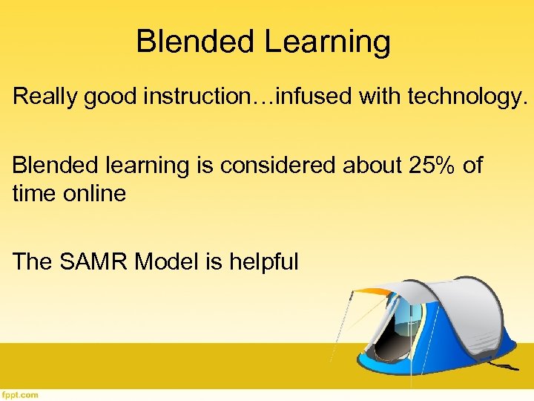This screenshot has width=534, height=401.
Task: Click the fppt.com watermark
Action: click(20, 394)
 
